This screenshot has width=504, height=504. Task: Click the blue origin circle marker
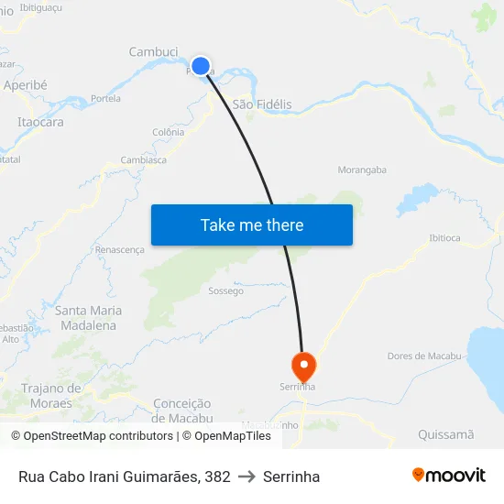click(x=200, y=66)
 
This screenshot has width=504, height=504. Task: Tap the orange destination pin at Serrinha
click(x=303, y=366)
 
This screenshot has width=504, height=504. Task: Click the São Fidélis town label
click(x=262, y=104)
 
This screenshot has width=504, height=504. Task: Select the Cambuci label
click(x=153, y=52)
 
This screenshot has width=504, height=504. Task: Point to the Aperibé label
click(x=26, y=84)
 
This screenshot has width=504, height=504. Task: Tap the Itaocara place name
click(x=40, y=122)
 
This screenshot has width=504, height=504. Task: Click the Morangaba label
click(x=362, y=170)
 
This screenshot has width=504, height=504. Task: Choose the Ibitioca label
click(x=444, y=238)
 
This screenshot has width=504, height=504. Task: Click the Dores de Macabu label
click(x=424, y=356)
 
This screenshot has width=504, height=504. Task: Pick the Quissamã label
click(x=445, y=434)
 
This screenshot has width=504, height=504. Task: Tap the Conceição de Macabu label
click(x=182, y=411)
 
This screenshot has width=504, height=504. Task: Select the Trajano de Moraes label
click(x=51, y=396)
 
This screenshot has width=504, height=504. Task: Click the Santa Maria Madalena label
click(x=88, y=318)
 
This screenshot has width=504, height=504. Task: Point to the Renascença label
click(x=120, y=249)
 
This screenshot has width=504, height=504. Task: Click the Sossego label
click(x=226, y=291)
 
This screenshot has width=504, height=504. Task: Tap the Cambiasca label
click(x=143, y=159)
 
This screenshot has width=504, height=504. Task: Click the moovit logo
click(x=449, y=476)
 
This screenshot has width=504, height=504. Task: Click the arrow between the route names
click(x=247, y=477)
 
